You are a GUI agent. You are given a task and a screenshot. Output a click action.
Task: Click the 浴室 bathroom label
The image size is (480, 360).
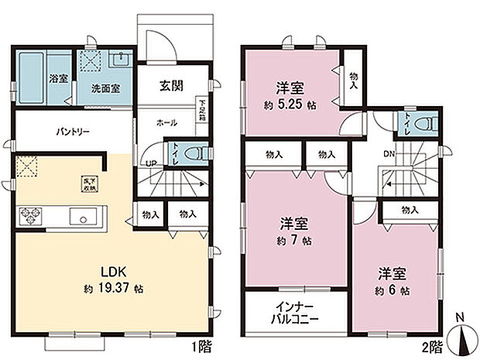pyautogui.click(x=58, y=78)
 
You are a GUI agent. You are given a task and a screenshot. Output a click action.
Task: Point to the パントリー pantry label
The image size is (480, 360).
pyautogui.click(x=72, y=132)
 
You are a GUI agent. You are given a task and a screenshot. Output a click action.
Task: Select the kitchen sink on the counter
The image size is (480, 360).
pyautogui.click(x=80, y=215)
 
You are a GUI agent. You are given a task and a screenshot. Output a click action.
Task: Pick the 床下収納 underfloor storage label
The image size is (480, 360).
pyautogui.click(x=87, y=183)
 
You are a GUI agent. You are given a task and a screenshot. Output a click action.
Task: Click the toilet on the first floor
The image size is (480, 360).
pyautogui.click(x=197, y=153)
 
